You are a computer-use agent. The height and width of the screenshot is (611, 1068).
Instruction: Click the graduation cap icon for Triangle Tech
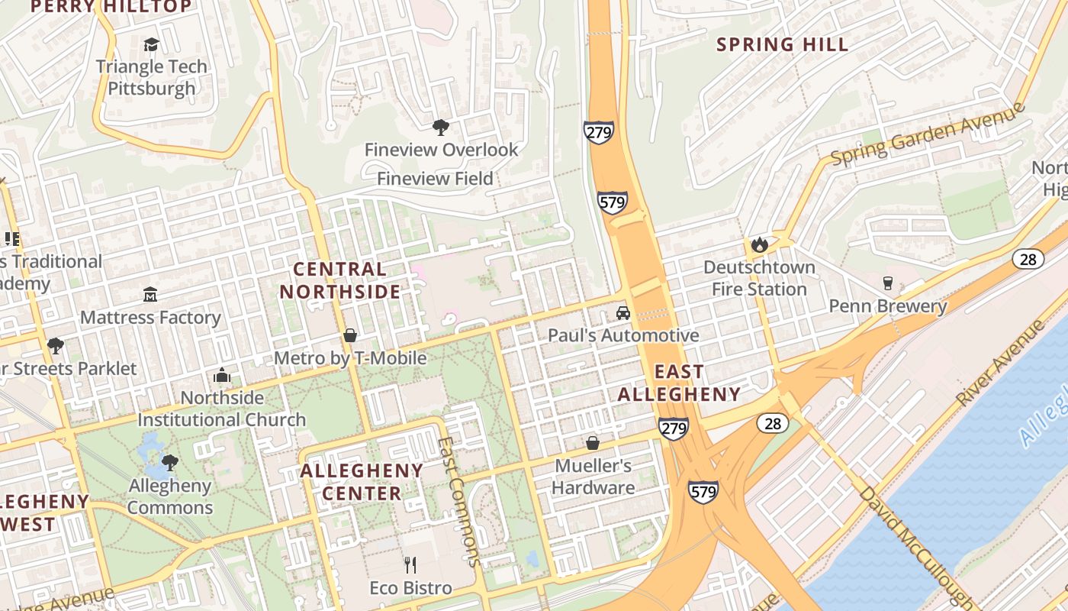click(151, 44)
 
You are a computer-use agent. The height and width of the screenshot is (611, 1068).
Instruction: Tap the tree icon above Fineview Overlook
click(440, 127)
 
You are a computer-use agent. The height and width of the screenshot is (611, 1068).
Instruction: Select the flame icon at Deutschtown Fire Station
click(758, 244)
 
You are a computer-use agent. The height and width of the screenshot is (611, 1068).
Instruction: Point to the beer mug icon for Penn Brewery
click(887, 283)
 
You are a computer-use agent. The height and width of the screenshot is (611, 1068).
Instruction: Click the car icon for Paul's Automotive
click(623, 313)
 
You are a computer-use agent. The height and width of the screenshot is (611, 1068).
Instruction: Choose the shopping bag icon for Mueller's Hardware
click(592, 443)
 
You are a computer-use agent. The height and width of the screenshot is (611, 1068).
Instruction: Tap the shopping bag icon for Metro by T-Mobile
click(349, 335)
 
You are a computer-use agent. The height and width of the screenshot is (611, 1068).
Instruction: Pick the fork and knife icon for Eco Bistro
click(410, 565)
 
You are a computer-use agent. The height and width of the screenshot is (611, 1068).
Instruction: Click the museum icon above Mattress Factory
click(150, 295)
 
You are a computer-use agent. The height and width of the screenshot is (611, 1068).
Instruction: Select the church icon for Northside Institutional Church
click(222, 375)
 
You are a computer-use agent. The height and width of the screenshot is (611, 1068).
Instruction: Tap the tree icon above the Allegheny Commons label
click(170, 462)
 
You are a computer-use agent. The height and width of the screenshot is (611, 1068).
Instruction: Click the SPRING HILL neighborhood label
click(782, 44)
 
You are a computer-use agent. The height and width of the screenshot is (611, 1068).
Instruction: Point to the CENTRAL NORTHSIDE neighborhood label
click(339, 280)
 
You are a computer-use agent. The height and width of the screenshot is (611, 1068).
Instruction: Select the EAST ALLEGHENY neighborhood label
click(678, 383)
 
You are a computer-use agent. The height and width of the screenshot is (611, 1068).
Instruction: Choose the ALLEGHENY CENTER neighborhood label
click(362, 481)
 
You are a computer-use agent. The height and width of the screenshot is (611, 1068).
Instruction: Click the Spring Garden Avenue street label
click(928, 133)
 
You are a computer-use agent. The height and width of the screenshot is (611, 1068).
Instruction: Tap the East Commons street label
click(460, 500)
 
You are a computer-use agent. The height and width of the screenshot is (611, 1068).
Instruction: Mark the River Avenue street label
click(999, 363)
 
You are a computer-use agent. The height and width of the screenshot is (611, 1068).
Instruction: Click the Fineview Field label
click(435, 179)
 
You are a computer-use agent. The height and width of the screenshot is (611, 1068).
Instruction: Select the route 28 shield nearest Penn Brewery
click(1028, 259)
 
